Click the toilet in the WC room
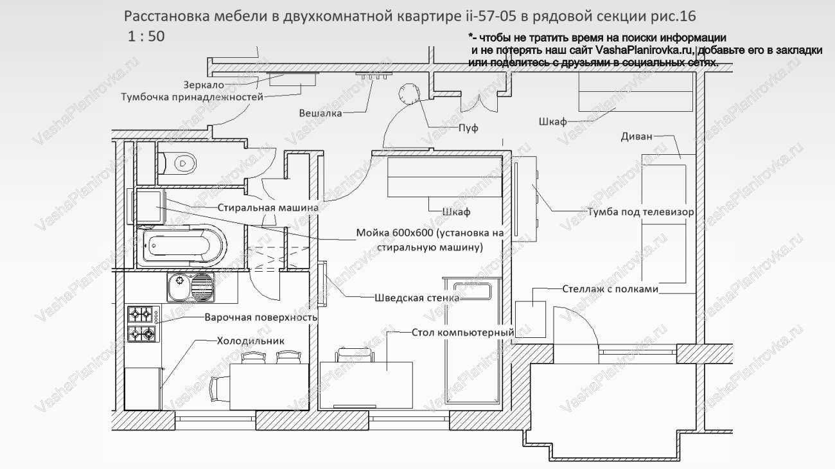180,163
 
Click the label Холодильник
250,341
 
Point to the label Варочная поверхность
261,317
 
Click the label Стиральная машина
268,208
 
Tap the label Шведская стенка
417,297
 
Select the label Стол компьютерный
462,332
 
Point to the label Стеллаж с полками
611,289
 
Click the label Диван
637,136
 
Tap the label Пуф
468,128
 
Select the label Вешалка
320,113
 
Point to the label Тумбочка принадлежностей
192,98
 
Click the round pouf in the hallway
409,94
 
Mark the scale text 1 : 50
146,36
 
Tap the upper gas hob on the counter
142,314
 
